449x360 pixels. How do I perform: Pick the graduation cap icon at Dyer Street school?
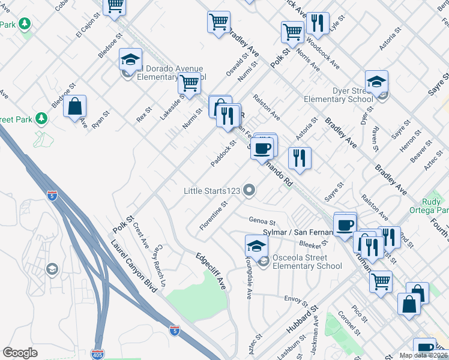(x=376, y=82)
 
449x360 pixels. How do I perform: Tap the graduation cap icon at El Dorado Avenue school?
(x=130, y=59)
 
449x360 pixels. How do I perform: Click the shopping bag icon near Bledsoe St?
(x=75, y=107)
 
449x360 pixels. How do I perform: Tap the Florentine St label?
(x=214, y=215)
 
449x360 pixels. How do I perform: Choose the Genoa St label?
(x=261, y=221)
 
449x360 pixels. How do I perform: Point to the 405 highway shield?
(x=98, y=354)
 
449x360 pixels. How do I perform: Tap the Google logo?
(x=20, y=353)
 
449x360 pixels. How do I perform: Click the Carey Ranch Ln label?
(x=159, y=266)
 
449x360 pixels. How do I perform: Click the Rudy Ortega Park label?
(x=435, y=206)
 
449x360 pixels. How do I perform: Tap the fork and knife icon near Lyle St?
(x=318, y=23)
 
